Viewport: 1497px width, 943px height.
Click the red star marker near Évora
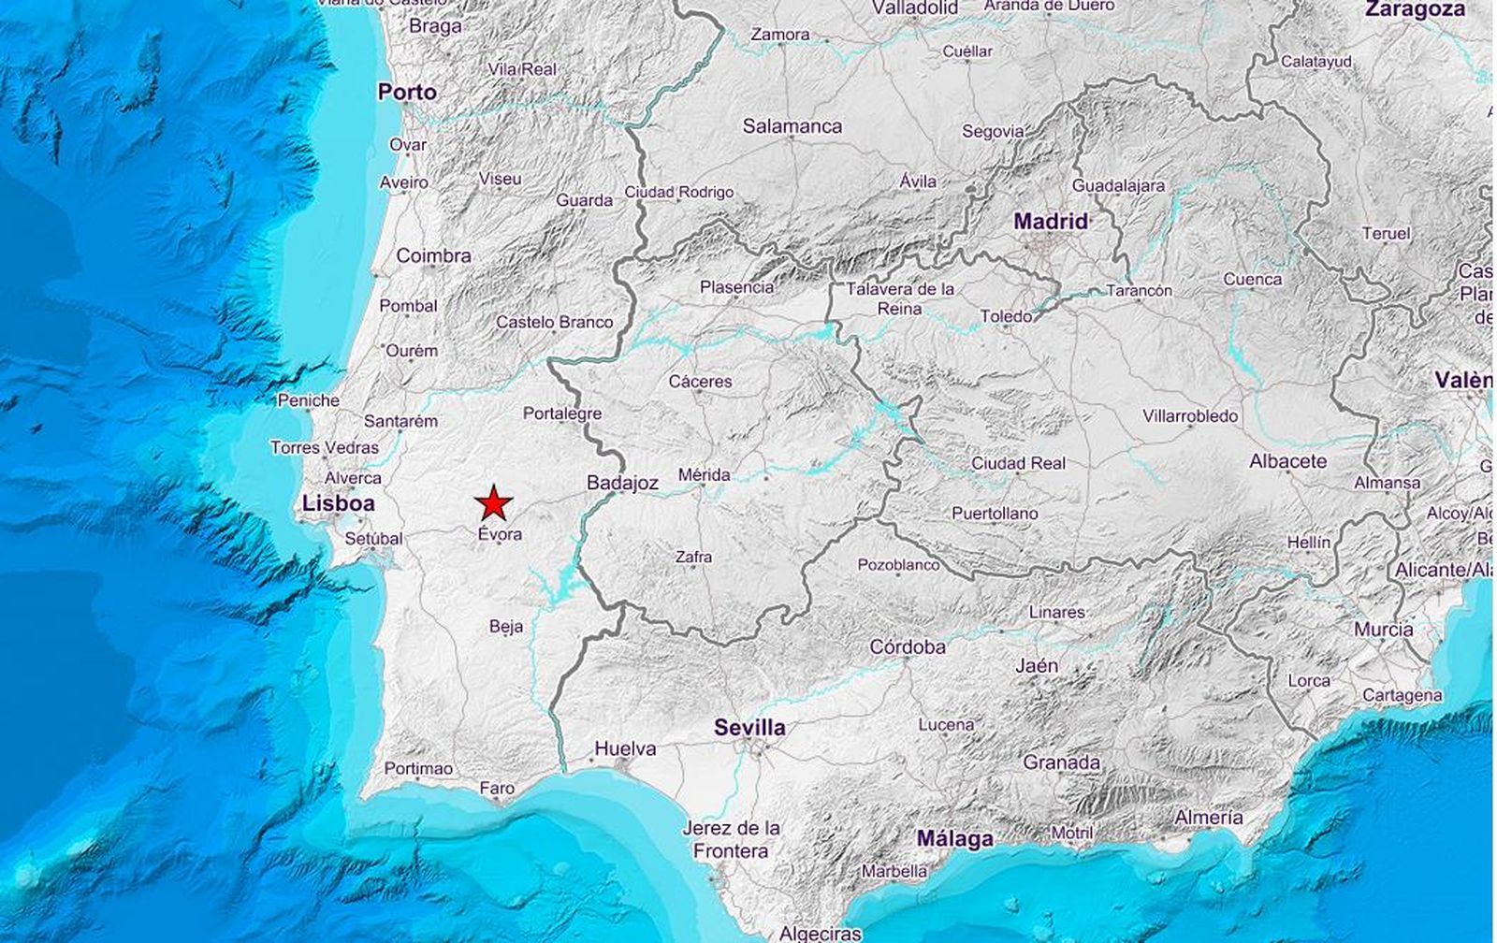pyautogui.click(x=493, y=503)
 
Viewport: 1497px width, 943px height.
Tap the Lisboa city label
pyautogui.click(x=338, y=503)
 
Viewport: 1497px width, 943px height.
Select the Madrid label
pyautogui.click(x=1051, y=222)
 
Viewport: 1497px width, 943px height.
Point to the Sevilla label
pyautogui.click(x=749, y=727)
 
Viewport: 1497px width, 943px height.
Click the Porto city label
pyautogui.click(x=407, y=92)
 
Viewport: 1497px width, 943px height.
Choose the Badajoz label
pyautogui.click(x=622, y=483)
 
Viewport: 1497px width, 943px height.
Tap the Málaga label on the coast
pyautogui.click(x=954, y=838)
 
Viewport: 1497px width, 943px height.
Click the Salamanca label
pyautogui.click(x=792, y=125)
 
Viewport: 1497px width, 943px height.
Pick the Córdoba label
pyautogui.click(x=908, y=646)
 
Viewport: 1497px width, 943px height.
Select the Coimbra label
pyautogui.click(x=433, y=255)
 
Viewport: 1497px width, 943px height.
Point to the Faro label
pyautogui.click(x=497, y=789)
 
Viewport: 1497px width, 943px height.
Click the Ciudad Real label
pyautogui.click(x=1018, y=463)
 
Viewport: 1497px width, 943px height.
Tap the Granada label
pyautogui.click(x=1061, y=762)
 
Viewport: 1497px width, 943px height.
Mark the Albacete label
pyautogui.click(x=1287, y=461)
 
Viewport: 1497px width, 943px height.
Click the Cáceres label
pyautogui.click(x=700, y=382)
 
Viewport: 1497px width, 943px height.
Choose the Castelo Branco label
pyautogui.click(x=554, y=322)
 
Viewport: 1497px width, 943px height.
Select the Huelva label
pyautogui.click(x=625, y=748)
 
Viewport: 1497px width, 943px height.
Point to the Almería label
pyautogui.click(x=1209, y=818)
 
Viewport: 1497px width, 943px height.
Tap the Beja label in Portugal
pyautogui.click(x=506, y=627)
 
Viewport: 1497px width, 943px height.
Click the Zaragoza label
pyautogui.click(x=1415, y=9)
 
